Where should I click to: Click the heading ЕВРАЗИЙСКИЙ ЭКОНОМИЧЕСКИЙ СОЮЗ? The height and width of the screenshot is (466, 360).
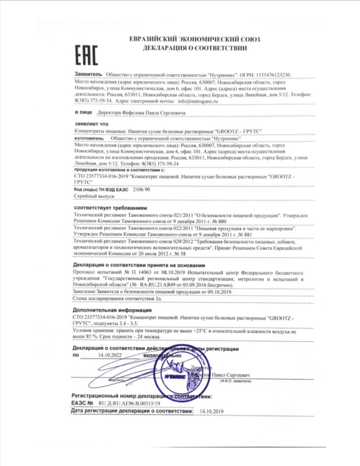(194, 39)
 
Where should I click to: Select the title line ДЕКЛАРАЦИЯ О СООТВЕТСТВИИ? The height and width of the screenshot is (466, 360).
(194, 48)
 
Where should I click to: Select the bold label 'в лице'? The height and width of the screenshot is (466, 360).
(82, 113)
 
